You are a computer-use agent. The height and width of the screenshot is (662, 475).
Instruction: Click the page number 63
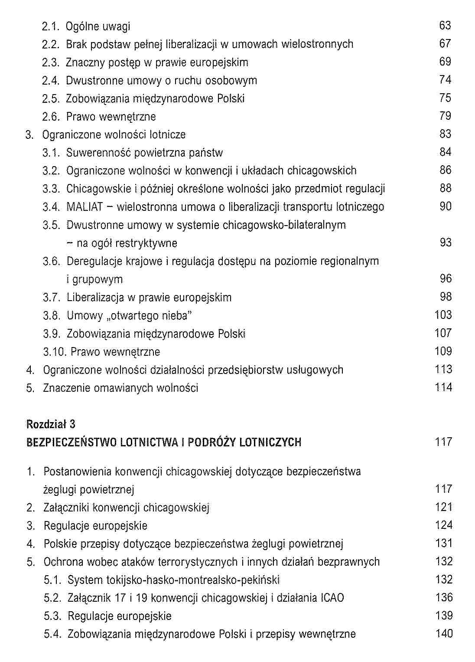point(445,26)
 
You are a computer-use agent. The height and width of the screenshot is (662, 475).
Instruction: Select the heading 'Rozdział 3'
point(51,424)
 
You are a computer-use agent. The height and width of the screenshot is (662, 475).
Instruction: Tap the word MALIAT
point(85,207)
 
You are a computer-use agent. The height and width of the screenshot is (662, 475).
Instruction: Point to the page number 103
point(443,315)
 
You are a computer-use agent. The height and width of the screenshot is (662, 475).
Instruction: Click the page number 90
point(446,206)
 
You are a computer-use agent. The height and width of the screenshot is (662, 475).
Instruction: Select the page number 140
point(444,634)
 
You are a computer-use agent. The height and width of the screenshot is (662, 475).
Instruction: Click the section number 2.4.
point(51,81)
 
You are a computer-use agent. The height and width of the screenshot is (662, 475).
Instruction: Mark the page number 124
point(444,525)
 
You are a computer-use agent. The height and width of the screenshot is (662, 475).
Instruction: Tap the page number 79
point(446,116)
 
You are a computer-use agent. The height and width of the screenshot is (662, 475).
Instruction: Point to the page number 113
point(443,370)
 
